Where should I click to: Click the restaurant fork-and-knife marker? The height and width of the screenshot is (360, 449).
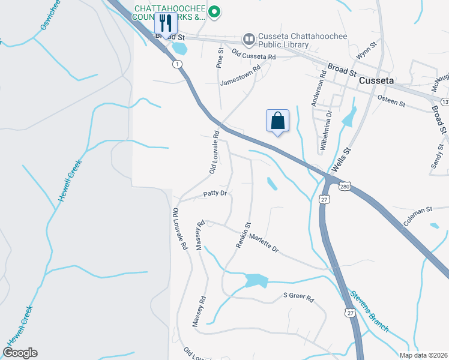coord(166,25)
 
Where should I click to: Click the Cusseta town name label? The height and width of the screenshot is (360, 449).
coord(376,80)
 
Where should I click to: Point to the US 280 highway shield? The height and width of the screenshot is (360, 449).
coord(343,187)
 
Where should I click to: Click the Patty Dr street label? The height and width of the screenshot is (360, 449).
coord(214,193)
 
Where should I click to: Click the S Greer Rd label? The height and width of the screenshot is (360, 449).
coord(298,298)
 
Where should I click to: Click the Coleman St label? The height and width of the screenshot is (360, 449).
coord(418,217)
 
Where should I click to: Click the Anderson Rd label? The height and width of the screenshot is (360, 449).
coord(318,88)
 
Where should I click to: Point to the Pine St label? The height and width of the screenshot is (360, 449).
coord(220,58)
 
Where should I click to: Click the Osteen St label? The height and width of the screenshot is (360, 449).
coord(391,100)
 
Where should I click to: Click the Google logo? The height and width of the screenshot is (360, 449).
coord(20,353)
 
